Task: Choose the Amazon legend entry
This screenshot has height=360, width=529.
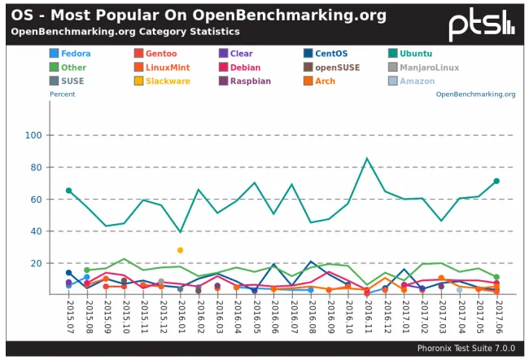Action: [415, 81]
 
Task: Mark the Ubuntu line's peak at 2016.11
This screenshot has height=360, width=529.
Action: [367, 158]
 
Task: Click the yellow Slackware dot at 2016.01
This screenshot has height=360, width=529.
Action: [180, 250]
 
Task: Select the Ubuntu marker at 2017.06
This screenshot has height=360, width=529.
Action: [496, 181]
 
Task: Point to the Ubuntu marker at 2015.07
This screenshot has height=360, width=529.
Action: [69, 191]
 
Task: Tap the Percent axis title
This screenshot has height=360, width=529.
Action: [62, 94]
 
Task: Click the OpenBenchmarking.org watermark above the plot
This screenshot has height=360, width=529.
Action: [475, 94]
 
